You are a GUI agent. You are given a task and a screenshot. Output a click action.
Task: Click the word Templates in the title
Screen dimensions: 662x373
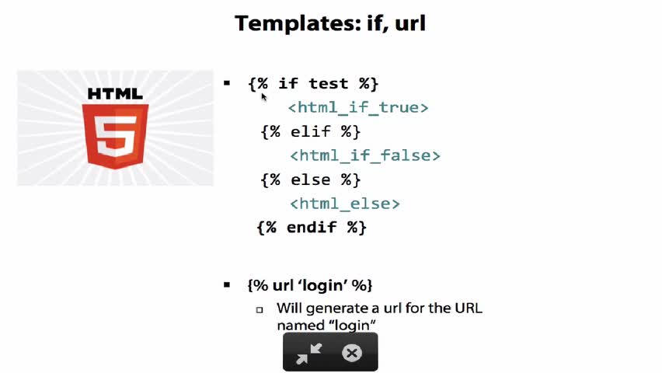click(x=298, y=24)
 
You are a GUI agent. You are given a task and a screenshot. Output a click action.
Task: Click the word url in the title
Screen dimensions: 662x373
click(x=410, y=23)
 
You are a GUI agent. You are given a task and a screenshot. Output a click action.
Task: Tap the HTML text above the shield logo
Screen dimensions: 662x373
click(x=115, y=94)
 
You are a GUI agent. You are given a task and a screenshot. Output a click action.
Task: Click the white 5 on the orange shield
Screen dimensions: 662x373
click(x=116, y=136)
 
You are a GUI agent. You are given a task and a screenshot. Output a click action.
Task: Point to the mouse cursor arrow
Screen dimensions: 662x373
click(x=264, y=98)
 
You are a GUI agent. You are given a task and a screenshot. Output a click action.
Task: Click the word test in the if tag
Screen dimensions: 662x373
click(x=329, y=84)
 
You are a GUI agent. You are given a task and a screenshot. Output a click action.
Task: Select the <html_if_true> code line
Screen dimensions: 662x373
click(x=358, y=108)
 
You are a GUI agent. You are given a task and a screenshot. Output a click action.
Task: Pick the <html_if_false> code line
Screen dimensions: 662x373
click(x=364, y=156)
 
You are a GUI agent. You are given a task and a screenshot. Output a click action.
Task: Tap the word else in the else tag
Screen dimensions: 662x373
click(x=310, y=180)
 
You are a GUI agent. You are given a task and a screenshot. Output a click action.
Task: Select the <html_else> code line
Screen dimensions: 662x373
click(x=344, y=204)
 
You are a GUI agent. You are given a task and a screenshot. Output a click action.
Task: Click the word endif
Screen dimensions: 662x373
click(x=312, y=228)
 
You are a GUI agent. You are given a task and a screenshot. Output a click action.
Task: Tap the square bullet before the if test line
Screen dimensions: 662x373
click(x=227, y=83)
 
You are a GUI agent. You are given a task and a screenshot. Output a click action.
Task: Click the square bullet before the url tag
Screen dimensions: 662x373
click(x=227, y=285)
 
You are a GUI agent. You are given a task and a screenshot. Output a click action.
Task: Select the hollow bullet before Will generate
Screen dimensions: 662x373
click(x=260, y=310)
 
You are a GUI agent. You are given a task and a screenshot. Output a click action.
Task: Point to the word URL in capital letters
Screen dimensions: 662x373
click(x=469, y=308)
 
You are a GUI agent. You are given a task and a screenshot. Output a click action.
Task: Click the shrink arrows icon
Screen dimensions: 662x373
click(x=309, y=353)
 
